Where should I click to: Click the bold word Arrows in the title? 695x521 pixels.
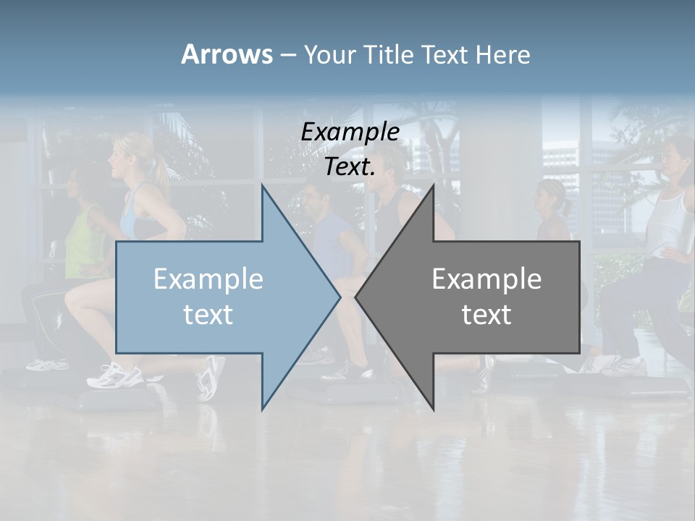(226, 54)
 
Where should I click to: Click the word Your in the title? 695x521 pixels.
(329, 54)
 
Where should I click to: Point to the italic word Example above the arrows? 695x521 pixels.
(350, 132)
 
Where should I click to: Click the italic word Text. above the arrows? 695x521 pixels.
(350, 167)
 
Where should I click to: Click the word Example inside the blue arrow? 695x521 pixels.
(208, 279)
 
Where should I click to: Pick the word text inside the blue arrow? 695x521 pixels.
(208, 315)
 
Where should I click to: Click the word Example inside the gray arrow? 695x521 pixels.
(486, 279)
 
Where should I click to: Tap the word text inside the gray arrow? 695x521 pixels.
(486, 315)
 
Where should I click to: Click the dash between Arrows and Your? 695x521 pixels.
(287, 55)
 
